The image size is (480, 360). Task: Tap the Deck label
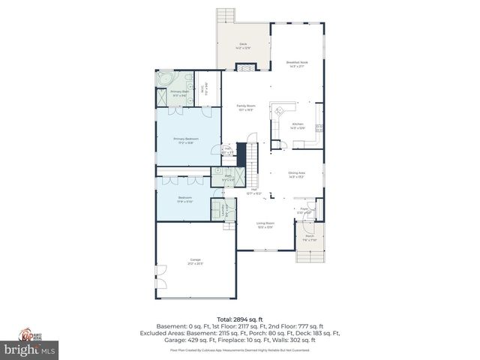pos(243,46)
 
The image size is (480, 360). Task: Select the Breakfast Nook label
pos(297,64)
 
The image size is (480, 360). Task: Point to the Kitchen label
pos(298,125)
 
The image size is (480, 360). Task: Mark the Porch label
pos(310,238)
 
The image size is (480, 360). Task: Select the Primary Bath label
pos(169,93)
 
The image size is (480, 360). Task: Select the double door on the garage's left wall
pos(157,271)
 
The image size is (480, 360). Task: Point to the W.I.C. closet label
pos(202,87)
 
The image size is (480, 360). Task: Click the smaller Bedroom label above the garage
pos(184,199)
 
